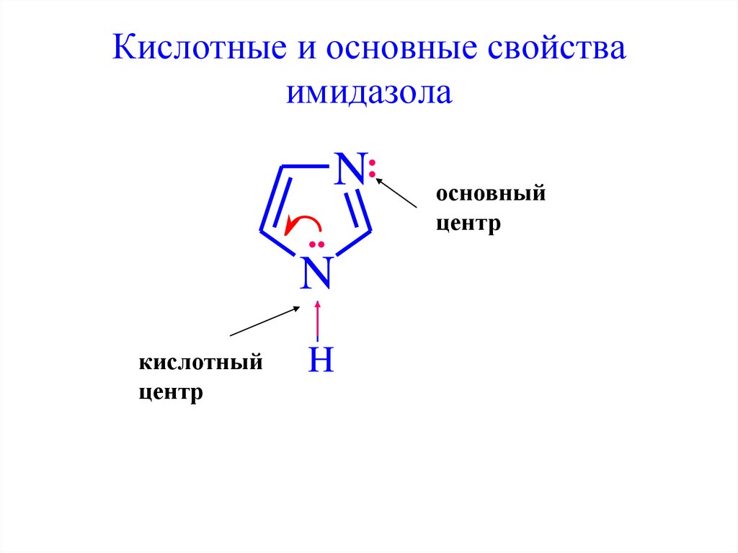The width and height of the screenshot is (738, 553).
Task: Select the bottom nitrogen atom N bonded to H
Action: tap(317, 273)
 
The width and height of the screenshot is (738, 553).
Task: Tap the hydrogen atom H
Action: tap(321, 358)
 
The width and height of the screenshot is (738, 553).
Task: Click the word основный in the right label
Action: tap(490, 195)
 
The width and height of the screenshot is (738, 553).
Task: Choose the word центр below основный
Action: tap(468, 224)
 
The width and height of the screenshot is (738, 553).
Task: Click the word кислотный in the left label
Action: tap(200, 363)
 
